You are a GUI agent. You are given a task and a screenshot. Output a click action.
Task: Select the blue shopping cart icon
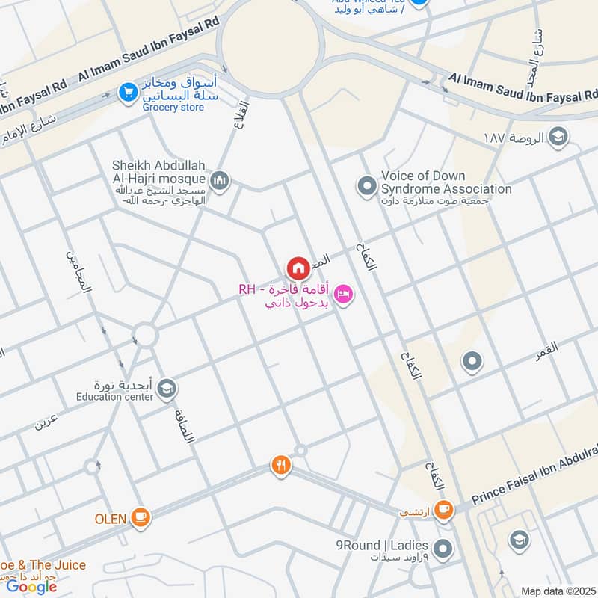click(x=128, y=93)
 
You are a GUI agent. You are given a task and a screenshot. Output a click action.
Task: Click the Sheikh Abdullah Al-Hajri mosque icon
click(x=220, y=180)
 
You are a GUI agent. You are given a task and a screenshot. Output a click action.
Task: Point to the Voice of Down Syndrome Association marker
click(x=366, y=184)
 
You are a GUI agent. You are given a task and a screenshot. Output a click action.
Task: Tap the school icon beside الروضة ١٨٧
click(x=557, y=136)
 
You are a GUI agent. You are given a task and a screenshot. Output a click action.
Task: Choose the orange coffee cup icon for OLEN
click(x=140, y=516)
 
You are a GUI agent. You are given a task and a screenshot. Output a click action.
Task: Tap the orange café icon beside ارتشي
click(x=443, y=509)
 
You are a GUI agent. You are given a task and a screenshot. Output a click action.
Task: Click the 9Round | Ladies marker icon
click(x=443, y=549)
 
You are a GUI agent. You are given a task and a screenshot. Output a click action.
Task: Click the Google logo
click(x=31, y=587)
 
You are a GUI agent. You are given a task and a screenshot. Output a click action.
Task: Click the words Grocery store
click(x=173, y=108)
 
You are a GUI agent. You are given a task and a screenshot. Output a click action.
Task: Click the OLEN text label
click(x=110, y=517)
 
